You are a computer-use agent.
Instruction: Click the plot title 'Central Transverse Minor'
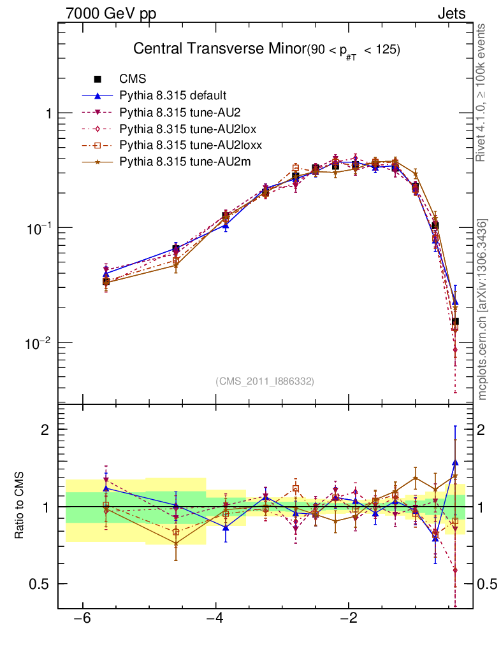pyautogui.click(x=219, y=50)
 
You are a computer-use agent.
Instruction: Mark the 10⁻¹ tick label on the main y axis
pyautogui.click(x=39, y=227)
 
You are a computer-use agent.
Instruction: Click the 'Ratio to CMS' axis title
pyautogui.click(x=20, y=506)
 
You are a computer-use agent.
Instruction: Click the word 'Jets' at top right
pyautogui.click(x=451, y=13)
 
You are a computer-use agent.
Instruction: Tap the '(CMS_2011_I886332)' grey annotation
pyautogui.click(x=265, y=381)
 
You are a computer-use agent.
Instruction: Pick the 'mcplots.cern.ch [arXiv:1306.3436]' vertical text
pyautogui.click(x=483, y=309)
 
